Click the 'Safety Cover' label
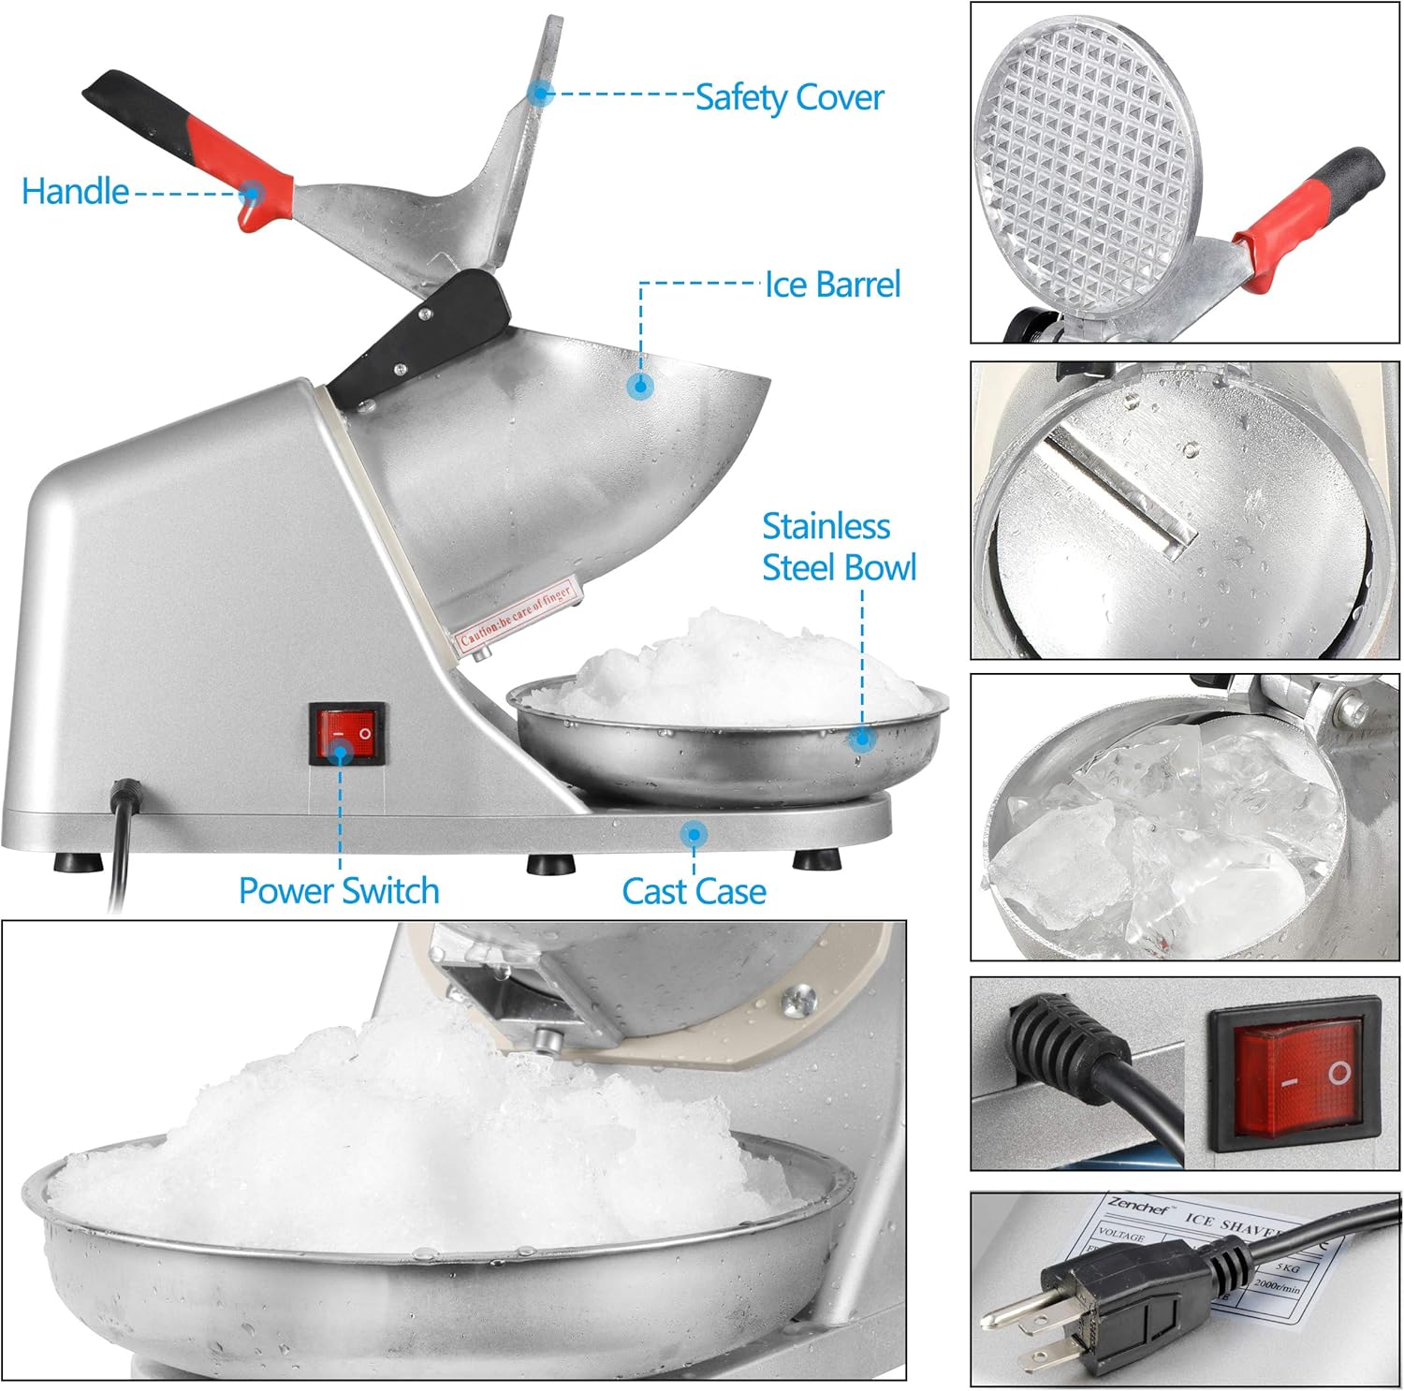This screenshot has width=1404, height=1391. click(789, 97)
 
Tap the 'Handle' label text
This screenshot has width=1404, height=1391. click(75, 192)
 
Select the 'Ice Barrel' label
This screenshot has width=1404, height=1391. click(832, 285)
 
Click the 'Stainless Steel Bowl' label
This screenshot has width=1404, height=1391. click(838, 547)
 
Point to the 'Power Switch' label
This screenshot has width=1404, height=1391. click(339, 890)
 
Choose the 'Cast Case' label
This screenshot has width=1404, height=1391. click(694, 891)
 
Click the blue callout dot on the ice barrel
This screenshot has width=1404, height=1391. click(640, 385)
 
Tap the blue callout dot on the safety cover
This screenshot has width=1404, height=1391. click(540, 93)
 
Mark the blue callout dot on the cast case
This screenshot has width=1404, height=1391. click(694, 833)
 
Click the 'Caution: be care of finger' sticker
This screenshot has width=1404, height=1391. click(516, 615)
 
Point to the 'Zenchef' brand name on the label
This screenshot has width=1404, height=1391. click(1138, 1207)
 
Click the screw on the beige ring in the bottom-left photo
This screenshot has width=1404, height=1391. click(797, 1001)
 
